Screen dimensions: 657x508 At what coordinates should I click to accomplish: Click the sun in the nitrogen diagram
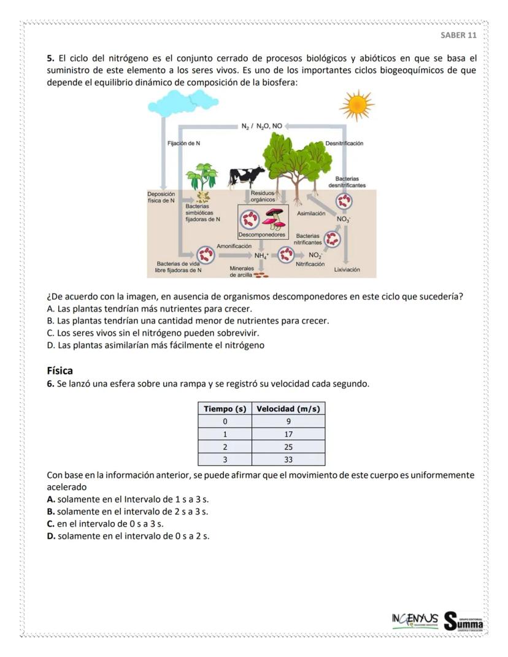coord(356,106)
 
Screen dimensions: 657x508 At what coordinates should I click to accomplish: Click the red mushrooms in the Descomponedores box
coord(274,218)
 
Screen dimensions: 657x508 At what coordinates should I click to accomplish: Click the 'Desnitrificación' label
coord(344,144)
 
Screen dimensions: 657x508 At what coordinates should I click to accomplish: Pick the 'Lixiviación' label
coord(347,269)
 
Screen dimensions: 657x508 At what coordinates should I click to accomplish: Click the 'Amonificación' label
coord(235,245)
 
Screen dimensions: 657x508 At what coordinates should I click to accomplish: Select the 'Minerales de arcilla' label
coord(242,272)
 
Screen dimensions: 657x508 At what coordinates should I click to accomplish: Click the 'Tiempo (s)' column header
coord(225,409)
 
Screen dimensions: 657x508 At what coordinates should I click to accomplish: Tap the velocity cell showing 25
coord(288,447)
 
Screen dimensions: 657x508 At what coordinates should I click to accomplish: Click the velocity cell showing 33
coord(288,459)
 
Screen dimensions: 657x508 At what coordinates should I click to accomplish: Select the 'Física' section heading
coord(60,371)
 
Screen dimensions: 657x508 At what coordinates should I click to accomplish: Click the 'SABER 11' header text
coord(458,35)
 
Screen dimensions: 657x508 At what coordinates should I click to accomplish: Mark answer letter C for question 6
coord(51,524)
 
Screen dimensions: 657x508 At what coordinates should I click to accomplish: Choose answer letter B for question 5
coord(50,321)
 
